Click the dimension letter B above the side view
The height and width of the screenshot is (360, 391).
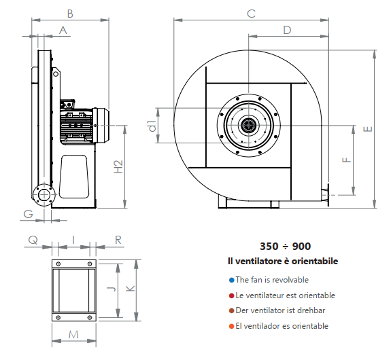[70, 14]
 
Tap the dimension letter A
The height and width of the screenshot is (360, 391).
[63, 30]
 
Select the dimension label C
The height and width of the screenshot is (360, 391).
[251, 14]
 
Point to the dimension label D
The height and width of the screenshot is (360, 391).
[287, 30]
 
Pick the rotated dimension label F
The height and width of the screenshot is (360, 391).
[347, 160]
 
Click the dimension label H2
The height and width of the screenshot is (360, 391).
[118, 166]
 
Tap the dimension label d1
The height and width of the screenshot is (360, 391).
[152, 126]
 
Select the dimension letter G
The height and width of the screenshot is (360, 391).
[28, 214]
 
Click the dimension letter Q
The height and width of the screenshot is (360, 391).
[33, 240]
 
